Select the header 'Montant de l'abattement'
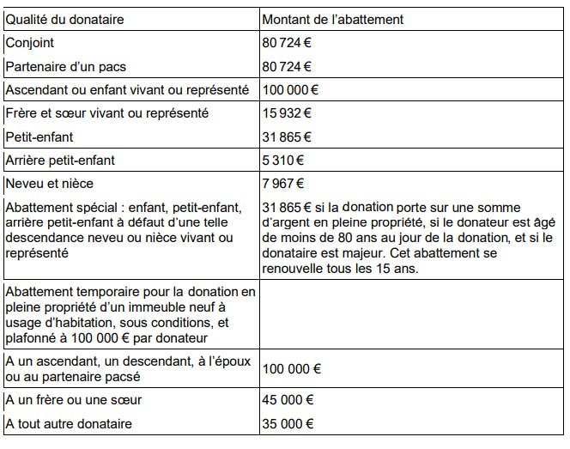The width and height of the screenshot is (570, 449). [332, 20]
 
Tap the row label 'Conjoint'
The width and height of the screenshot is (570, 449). [30, 43]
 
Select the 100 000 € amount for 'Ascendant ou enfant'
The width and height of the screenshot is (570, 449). [291, 89]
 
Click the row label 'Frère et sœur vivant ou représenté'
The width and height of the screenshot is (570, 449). [106, 113]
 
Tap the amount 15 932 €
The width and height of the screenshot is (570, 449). [286, 113]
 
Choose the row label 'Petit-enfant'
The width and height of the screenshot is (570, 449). [39, 137]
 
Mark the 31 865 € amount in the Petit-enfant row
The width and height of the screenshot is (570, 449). [286, 137]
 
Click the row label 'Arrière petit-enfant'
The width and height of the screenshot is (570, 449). [60, 160]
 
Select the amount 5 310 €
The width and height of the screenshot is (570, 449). [282, 160]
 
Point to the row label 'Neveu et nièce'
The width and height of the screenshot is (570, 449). [49, 183]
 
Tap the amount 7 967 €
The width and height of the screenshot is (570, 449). [282, 183]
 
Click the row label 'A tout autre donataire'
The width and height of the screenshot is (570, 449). [69, 423]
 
